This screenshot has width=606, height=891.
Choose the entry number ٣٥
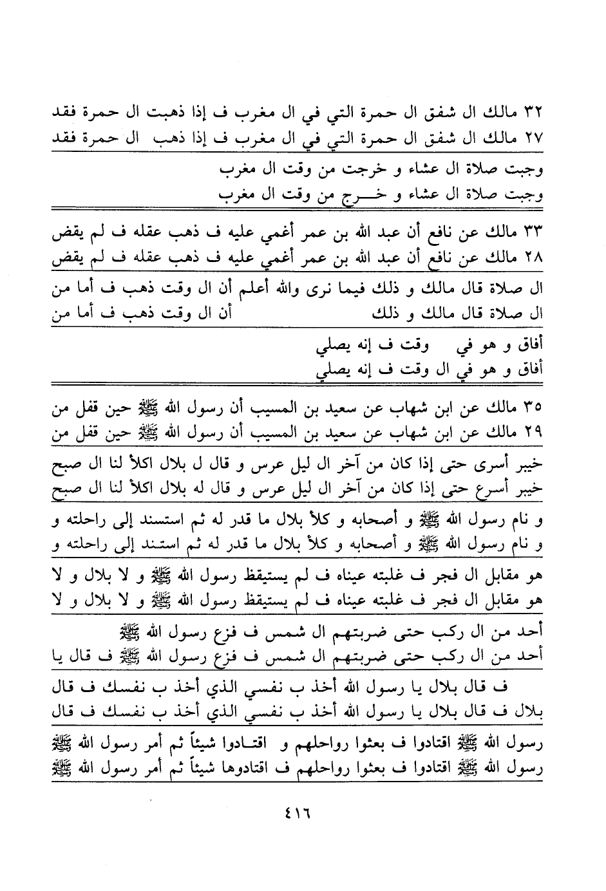533,407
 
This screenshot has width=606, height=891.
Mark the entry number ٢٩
533,433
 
